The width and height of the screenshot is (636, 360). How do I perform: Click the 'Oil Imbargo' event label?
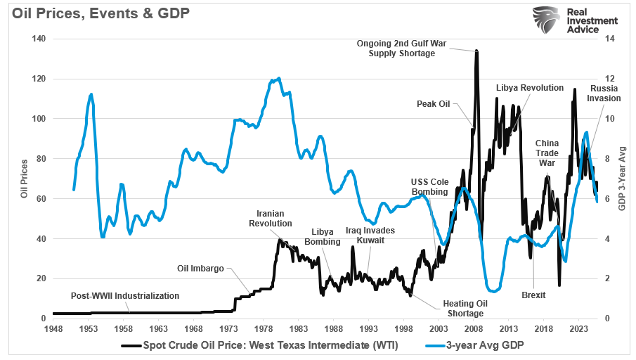(201, 268)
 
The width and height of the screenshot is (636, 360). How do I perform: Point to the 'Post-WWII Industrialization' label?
(125, 296)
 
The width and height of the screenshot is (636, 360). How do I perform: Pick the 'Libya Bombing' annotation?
(322, 237)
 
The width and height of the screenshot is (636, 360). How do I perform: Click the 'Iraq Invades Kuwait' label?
(370, 235)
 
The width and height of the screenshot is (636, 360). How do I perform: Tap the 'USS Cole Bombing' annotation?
(427, 186)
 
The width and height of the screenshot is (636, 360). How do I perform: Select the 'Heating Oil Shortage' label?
(462, 308)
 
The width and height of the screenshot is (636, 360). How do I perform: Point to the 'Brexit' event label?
(533, 295)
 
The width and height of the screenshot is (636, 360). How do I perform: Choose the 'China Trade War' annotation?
(547, 153)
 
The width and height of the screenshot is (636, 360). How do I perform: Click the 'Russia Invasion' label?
(604, 94)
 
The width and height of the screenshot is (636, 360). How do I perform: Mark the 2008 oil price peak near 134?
(476, 51)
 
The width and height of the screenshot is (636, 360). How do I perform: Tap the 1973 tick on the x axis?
(228, 328)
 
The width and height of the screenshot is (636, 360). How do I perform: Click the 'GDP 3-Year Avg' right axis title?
(622, 179)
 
